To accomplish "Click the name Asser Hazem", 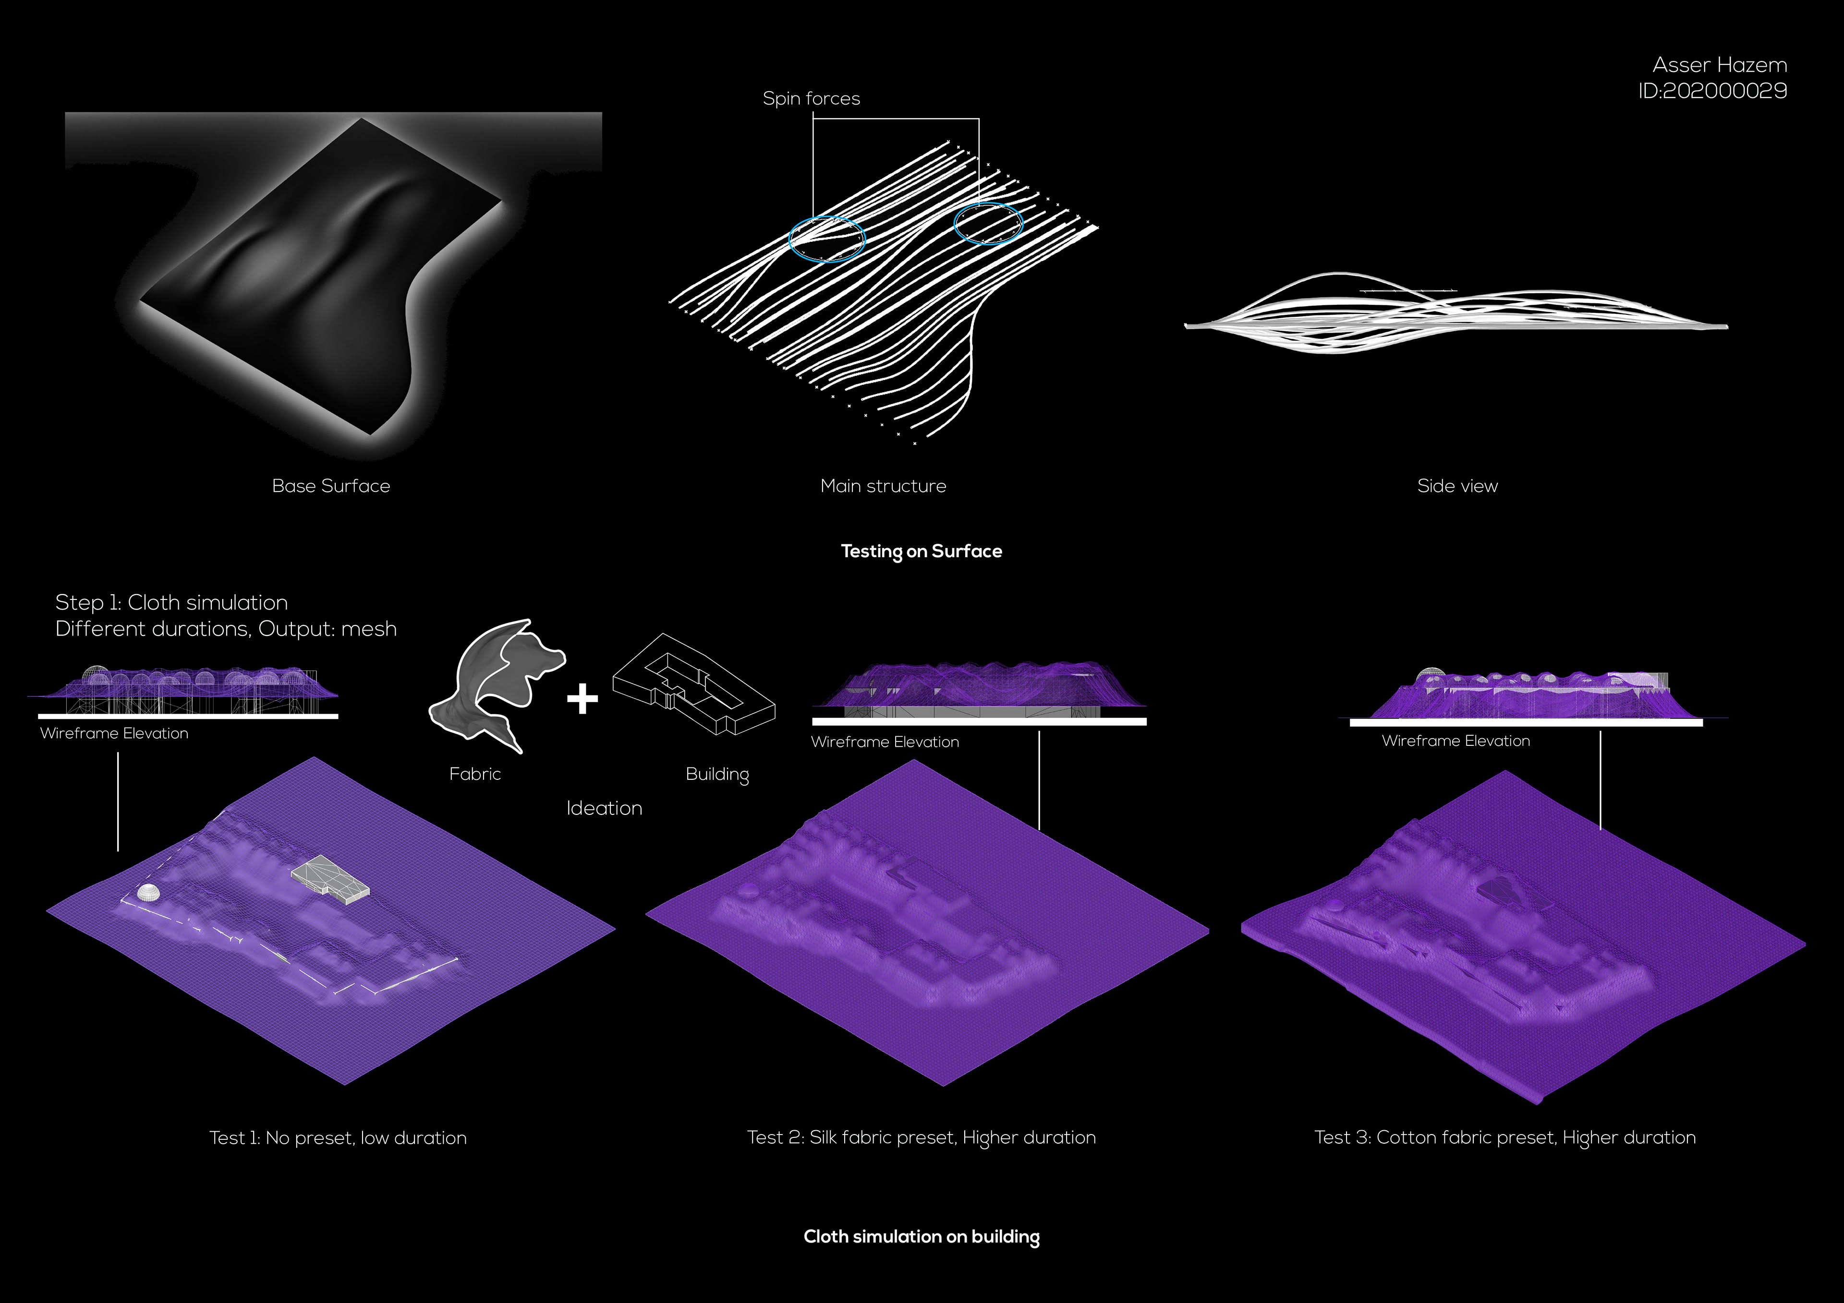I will pos(1720,65).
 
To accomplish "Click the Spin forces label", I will pos(811,98).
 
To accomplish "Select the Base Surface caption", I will pos(331,486).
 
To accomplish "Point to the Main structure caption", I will pos(883,486).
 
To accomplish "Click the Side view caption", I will pos(1457,486).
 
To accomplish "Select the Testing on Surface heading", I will pos(921,551).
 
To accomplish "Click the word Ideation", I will pos(604,808).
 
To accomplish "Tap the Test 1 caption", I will pos(337,1137).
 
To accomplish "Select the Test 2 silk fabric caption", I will pos(921,1137).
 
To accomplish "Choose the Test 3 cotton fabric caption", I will pos(1504,1137).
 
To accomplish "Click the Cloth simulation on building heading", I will pos(921,1236).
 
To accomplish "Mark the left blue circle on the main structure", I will pos(826,239).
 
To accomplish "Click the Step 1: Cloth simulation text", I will pos(171,602).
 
